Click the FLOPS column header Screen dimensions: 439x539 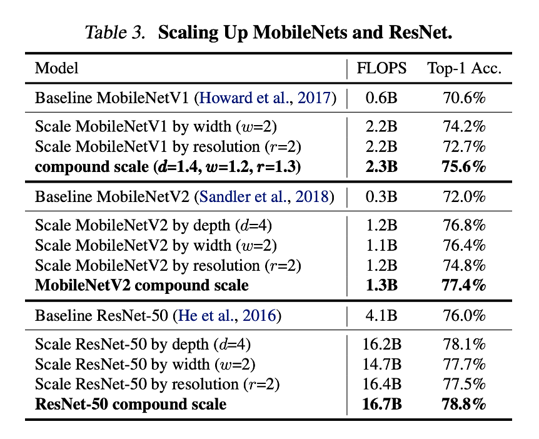click(381, 68)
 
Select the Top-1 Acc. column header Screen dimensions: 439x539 click(464, 68)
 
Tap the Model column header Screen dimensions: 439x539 click(56, 68)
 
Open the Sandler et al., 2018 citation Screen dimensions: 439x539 click(264, 196)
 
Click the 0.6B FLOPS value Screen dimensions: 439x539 click(381, 98)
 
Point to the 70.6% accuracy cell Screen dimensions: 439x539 click(464, 98)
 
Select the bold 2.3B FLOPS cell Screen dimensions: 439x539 click(381, 167)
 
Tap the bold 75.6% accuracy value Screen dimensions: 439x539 click(464, 167)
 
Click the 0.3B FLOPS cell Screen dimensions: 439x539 click(381, 196)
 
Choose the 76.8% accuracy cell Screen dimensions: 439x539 click(464, 226)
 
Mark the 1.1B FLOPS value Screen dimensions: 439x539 click(381, 246)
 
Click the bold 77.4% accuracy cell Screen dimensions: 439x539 click(464, 286)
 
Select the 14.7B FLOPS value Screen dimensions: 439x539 click(381, 365)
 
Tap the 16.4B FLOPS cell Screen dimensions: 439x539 click(381, 384)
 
